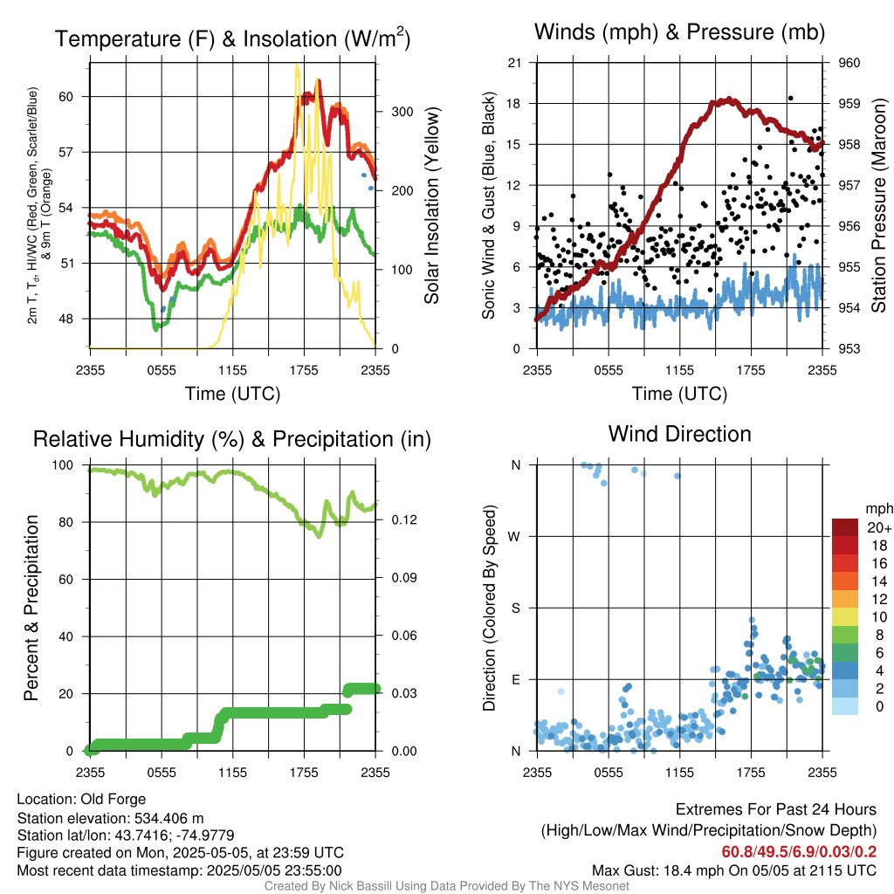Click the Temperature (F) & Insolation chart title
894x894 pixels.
click(232, 38)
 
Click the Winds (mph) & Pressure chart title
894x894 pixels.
click(679, 32)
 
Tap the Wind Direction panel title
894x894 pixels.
click(679, 434)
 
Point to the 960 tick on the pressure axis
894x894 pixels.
click(849, 63)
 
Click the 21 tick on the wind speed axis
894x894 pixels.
click(514, 63)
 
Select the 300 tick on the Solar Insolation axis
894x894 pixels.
click(402, 112)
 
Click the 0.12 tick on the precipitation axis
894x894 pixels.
click(404, 520)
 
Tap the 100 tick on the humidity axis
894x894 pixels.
click(63, 465)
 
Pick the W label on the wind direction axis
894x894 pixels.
click(514, 537)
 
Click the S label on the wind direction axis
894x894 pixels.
click(515, 608)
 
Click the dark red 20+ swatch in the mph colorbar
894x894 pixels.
click(845, 527)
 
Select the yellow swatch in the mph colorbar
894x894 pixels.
click(845, 617)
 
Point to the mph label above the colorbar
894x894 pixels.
click(879, 509)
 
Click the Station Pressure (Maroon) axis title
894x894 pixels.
click(878, 205)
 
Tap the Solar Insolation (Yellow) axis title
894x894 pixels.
click(431, 205)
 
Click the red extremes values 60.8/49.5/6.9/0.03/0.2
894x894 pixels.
click(799, 852)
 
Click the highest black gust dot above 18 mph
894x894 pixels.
click(790, 98)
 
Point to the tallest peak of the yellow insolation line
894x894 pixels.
click(297, 66)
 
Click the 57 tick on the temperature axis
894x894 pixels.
click(66, 152)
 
